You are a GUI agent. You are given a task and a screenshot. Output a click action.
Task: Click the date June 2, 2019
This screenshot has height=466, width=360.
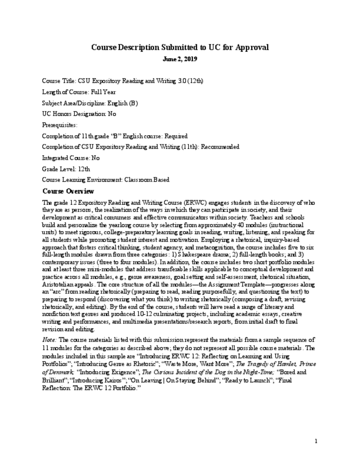coord(180,59)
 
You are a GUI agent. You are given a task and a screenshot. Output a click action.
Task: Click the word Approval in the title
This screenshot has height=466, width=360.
coord(248,47)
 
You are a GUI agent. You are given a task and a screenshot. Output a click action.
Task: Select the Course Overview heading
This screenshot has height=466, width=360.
coord(68,191)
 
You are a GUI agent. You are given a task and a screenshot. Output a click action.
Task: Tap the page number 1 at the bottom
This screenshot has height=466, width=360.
coord(316,441)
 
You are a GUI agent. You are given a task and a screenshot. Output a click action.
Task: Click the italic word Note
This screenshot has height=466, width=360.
coord(50,340)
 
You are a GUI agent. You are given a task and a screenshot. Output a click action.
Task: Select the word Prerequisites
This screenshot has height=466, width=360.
coord(59,125)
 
